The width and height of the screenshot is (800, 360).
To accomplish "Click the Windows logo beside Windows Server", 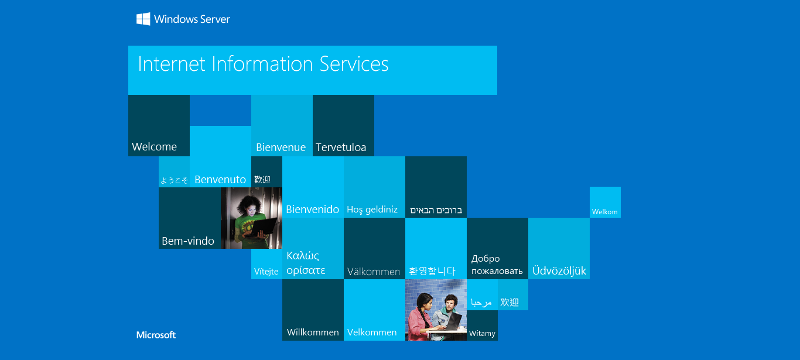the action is (143, 19).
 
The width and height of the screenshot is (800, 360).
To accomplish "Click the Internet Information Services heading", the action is (263, 64).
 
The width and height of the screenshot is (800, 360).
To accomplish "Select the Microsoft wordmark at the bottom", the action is (156, 335).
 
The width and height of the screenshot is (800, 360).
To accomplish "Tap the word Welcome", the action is (154, 147).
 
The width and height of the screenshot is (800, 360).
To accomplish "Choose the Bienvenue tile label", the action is (281, 147).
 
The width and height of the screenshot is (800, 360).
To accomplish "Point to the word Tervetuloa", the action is (341, 147).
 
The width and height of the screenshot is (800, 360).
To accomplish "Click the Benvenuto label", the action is (220, 179).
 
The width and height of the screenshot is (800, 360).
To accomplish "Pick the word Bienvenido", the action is (313, 209).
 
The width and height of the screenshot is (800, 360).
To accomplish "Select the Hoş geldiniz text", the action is (372, 210).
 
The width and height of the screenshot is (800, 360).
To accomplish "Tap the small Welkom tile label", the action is (604, 212).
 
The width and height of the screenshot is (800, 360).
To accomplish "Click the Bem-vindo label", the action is (188, 241).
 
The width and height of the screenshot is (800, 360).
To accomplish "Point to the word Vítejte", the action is (266, 272).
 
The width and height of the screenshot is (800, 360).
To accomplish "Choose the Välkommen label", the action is (374, 272).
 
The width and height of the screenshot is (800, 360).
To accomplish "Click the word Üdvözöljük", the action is (559, 270).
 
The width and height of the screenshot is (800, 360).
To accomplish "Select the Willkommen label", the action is (313, 332).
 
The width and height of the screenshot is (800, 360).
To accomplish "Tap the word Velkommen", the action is (372, 332).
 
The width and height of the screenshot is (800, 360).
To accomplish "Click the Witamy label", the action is (482, 334).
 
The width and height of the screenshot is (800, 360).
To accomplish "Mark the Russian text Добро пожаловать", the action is (497, 265).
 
